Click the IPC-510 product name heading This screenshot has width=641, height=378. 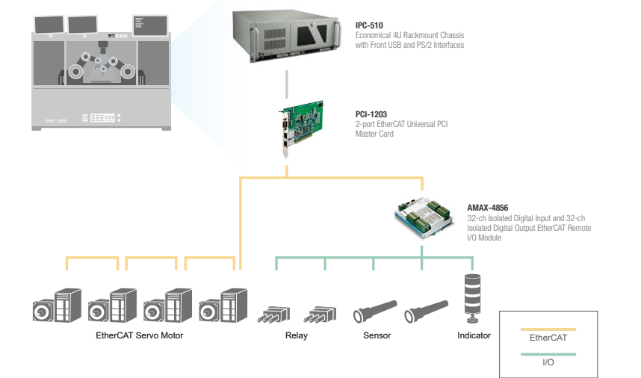tap(368, 25)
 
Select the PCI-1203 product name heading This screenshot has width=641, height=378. tap(371, 114)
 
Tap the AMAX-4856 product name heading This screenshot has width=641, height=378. tap(488, 208)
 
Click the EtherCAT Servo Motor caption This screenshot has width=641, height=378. tap(140, 335)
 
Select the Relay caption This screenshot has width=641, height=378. tap(297, 335)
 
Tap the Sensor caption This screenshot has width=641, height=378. tap(377, 335)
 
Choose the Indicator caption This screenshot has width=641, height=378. tap(474, 335)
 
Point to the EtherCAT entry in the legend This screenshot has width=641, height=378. tap(548, 338)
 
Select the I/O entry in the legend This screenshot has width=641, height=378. tap(548, 362)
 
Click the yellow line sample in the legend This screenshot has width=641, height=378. tap(548, 329)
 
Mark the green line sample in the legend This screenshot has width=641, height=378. tap(548, 353)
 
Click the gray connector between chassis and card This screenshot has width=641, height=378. tap(285, 84)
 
